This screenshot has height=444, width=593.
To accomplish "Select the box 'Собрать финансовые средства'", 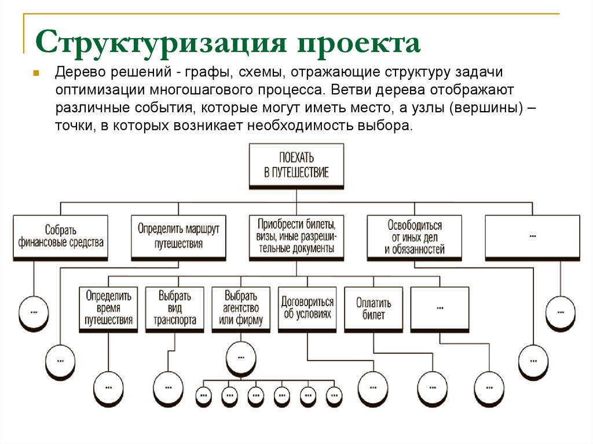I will tap(60, 237).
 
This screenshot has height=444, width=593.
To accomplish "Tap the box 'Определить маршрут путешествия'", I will tap(178, 236).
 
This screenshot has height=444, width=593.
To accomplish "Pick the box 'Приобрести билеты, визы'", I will tap(296, 236).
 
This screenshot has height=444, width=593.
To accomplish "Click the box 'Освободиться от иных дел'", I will tap(414, 236).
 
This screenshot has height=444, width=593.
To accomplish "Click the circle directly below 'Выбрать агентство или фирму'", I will tap(240, 358).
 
